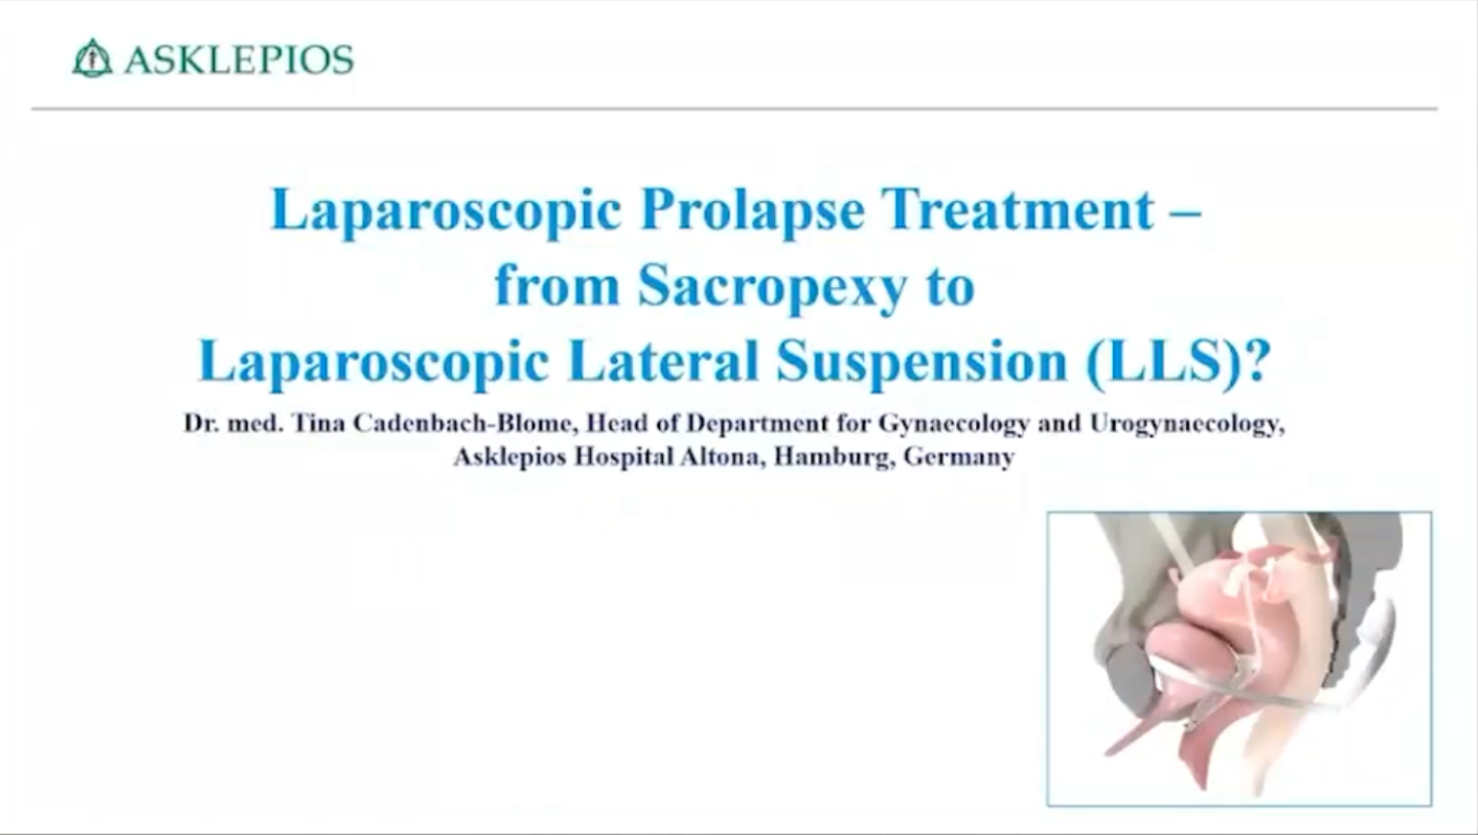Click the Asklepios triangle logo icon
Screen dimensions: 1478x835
tap(92, 58)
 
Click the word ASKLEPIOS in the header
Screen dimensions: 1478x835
tap(239, 60)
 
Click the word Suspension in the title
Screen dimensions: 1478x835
tap(921, 364)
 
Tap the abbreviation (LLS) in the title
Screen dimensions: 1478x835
tap(1165, 363)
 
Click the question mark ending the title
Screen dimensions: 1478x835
tap(1259, 360)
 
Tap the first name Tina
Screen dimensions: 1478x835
tap(319, 423)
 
